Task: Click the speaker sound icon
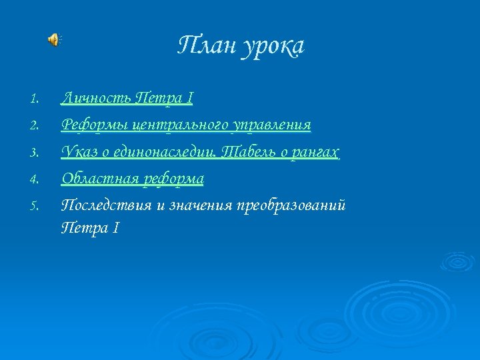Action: coord(53,40)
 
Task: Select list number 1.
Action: coord(35,100)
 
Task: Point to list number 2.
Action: coord(35,126)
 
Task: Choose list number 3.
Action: coord(35,153)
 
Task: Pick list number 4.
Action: coord(35,179)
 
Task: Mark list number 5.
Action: coord(35,206)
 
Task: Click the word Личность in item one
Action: coord(95,99)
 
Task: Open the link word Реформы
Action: coord(94,125)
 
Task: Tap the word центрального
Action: coord(180,125)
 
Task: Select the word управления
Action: coord(273,125)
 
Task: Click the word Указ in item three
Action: coord(79,153)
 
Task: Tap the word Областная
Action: coord(98,179)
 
